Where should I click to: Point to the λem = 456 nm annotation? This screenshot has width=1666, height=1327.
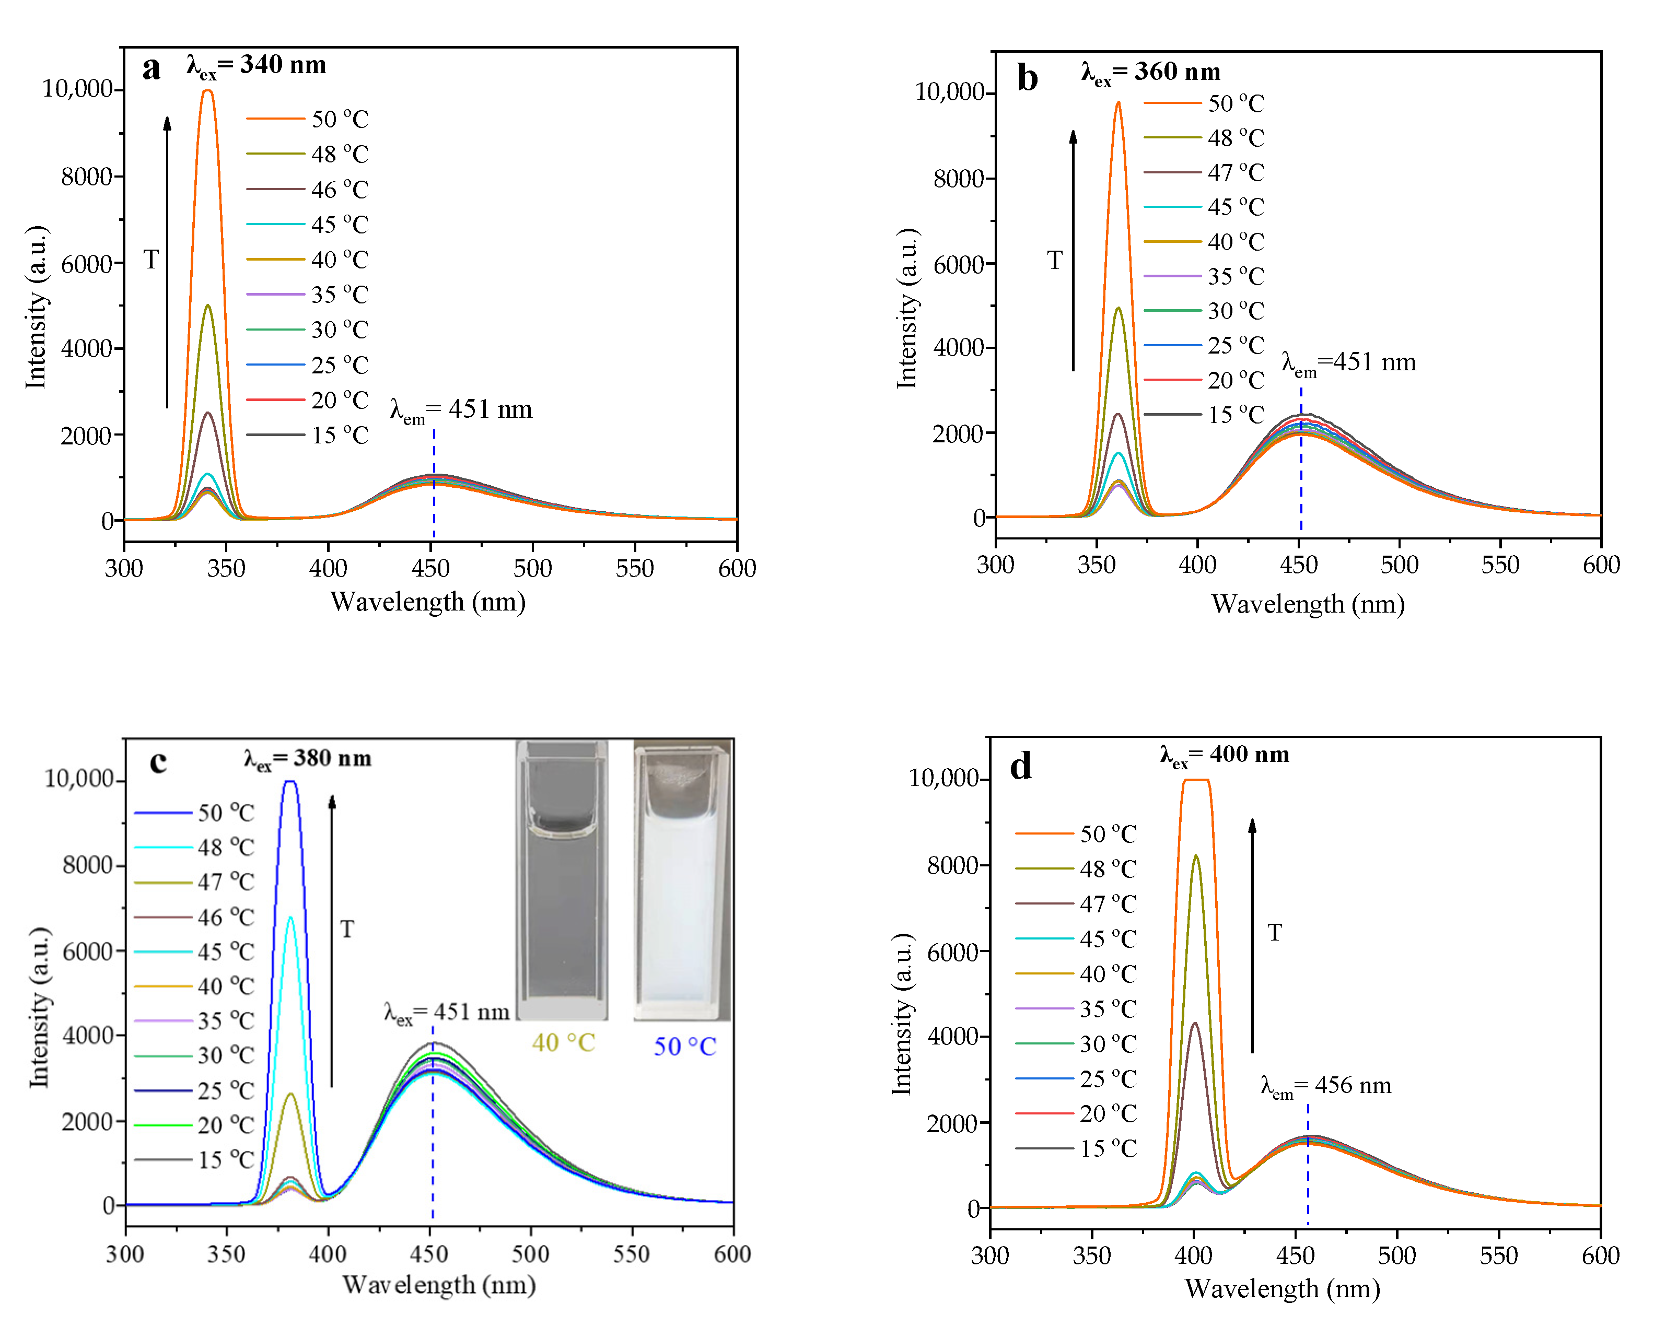tap(1325, 1086)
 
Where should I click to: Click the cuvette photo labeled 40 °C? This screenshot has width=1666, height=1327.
tap(562, 880)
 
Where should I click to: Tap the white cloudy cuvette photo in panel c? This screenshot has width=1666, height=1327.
tap(682, 880)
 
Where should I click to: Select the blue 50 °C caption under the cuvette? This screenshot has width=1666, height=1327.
tap(685, 1047)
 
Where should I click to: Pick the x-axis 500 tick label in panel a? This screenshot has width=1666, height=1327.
tap(532, 569)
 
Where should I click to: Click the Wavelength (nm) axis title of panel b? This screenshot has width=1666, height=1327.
tap(1308, 604)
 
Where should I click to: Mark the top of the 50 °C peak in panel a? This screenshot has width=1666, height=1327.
tap(207, 92)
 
